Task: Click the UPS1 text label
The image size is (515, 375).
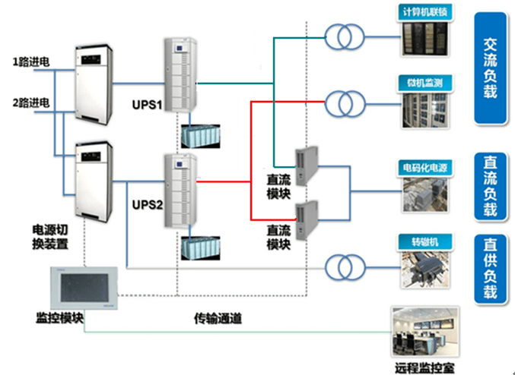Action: (149, 104)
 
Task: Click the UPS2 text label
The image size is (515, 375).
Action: (149, 205)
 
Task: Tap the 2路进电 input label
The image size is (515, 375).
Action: (31, 102)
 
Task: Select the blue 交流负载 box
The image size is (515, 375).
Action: (491, 68)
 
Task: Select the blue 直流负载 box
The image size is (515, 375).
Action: (491, 186)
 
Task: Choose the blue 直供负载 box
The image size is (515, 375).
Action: (491, 269)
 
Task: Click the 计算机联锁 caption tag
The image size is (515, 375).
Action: (425, 13)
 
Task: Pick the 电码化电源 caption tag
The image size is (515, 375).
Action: (425, 165)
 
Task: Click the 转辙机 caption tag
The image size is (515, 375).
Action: (425, 244)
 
